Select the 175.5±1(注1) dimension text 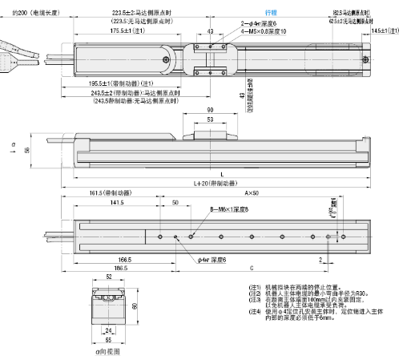pos(125,30)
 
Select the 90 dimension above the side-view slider pos(210,111)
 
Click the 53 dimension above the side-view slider pos(210,119)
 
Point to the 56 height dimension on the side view pos(26,150)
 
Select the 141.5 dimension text pos(117,204)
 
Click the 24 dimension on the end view pos(107,330)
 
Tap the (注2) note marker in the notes pos(254,295)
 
